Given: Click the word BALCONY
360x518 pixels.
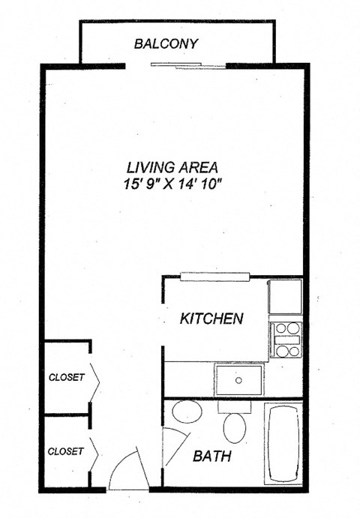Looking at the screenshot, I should click(166, 43).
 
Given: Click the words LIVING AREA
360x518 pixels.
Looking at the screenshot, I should click(172, 166).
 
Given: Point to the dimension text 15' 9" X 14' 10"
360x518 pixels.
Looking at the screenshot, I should click(172, 184).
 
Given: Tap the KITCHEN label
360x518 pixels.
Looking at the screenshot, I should click(211, 319).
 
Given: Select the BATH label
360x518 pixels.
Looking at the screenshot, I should click(211, 456).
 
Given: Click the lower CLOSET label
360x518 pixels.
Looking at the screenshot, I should click(66, 451).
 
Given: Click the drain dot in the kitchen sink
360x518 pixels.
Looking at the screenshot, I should click(238, 379).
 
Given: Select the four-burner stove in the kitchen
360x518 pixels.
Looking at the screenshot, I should click(285, 340).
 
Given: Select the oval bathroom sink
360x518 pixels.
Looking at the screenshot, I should click(186, 412).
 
